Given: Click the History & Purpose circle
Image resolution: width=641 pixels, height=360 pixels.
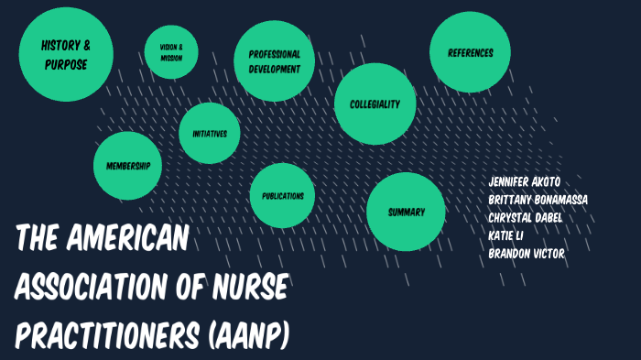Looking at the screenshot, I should (x=66, y=55).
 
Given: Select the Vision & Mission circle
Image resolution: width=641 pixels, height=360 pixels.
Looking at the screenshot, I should (x=171, y=52).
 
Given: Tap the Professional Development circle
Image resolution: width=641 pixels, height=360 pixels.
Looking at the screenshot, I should (x=275, y=61).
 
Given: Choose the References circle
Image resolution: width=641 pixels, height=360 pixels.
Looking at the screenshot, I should (x=471, y=53).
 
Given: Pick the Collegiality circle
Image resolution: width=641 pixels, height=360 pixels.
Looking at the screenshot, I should (x=375, y=104).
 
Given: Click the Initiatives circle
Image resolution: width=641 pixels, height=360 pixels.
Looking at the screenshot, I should (x=210, y=134).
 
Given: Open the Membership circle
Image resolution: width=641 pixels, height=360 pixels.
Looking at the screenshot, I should (x=128, y=166).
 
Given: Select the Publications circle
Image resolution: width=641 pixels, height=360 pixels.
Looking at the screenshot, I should (x=283, y=196).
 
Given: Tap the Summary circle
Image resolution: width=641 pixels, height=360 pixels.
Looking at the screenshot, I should (x=406, y=213).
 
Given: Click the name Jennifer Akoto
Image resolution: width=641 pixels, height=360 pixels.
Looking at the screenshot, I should (x=525, y=181).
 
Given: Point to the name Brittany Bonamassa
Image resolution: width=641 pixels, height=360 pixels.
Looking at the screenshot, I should (x=538, y=200).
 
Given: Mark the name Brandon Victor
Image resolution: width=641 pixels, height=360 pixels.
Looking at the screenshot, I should (x=527, y=254).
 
